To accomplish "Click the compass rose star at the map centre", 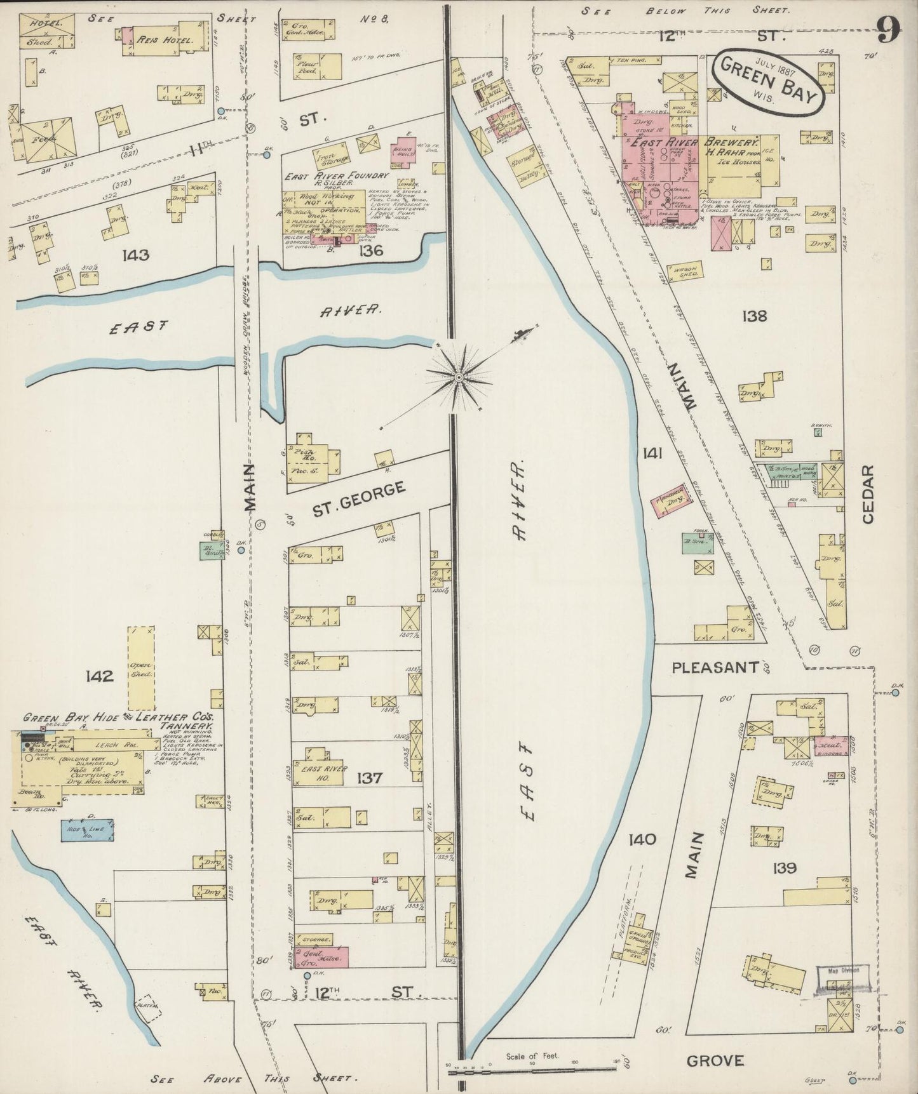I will point(459,378).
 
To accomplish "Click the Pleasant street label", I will point(715,667).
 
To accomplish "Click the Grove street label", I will point(715,1061).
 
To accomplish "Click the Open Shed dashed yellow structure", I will point(141,669).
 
